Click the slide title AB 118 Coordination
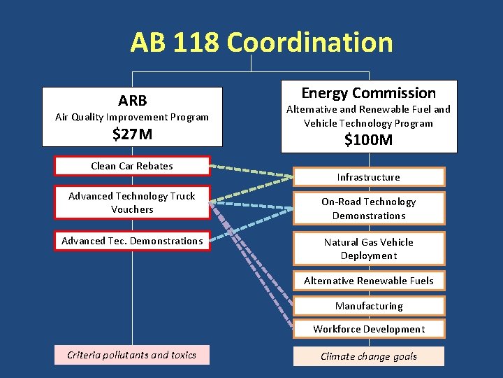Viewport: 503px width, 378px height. click(x=261, y=43)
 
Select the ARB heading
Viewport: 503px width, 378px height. click(x=132, y=100)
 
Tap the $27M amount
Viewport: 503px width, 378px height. click(x=132, y=134)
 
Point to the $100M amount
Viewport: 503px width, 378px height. click(x=368, y=140)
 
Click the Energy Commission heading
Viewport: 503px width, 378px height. click(x=368, y=93)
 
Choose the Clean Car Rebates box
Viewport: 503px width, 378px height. click(x=132, y=166)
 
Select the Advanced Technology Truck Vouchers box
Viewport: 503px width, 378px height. click(x=132, y=203)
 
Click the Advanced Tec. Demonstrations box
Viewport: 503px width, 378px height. click(x=132, y=241)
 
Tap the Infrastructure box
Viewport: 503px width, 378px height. click(x=368, y=177)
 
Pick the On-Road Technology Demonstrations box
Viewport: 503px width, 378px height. click(x=368, y=209)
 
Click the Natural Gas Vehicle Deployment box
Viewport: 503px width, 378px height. click(x=368, y=248)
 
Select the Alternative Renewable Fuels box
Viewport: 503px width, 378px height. click(x=368, y=281)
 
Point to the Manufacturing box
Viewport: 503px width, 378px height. click(x=368, y=306)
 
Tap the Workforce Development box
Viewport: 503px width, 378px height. click(x=368, y=329)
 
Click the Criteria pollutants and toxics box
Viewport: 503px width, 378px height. click(x=132, y=355)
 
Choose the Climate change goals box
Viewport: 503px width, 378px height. click(x=368, y=356)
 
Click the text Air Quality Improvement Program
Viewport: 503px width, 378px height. click(x=132, y=117)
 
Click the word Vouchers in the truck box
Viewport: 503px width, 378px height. click(x=132, y=209)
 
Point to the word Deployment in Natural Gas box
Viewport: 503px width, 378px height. click(x=368, y=255)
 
